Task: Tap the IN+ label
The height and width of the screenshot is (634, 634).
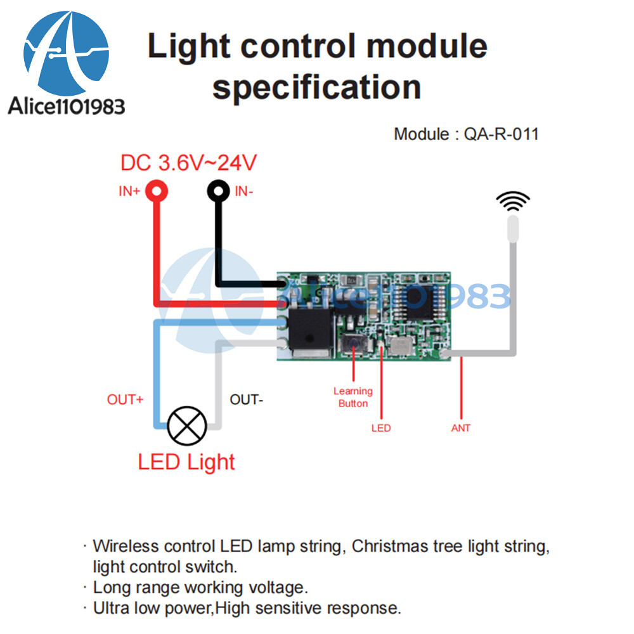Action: (x=129, y=191)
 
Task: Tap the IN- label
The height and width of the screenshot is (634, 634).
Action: (x=244, y=190)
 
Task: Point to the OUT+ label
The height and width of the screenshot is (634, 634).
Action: (x=125, y=400)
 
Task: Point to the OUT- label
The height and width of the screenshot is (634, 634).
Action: (x=246, y=400)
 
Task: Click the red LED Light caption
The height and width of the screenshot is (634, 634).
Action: (x=186, y=462)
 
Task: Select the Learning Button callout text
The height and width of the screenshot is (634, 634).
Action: (x=353, y=398)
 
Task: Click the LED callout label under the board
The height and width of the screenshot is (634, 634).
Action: (x=381, y=429)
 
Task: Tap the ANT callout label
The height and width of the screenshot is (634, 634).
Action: (x=461, y=429)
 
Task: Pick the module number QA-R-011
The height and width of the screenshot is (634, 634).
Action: (x=501, y=134)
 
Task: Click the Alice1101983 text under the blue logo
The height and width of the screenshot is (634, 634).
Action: (x=67, y=106)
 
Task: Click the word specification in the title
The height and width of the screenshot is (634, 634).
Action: (x=317, y=87)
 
